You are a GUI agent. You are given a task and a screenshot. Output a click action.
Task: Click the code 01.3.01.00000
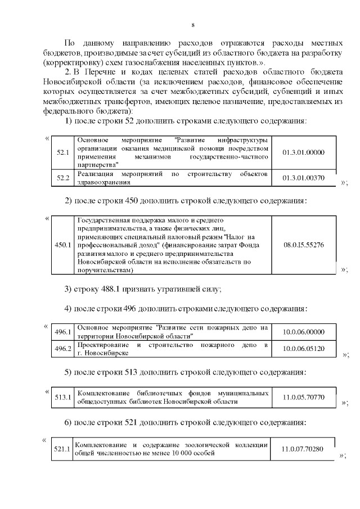pos(303,152)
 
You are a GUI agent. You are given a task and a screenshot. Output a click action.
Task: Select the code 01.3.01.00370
pos(303,178)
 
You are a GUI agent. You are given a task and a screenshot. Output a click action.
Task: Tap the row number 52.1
pos(62,152)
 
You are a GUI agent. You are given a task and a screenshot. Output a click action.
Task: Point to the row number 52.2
pos(62,178)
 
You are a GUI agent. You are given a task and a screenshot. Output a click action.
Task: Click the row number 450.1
pos(62,245)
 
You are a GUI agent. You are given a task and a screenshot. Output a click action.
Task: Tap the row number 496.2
pos(62,349)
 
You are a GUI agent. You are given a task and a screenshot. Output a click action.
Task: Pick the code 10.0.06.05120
pos(303,349)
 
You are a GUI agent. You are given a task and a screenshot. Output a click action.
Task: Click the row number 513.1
pos(62,398)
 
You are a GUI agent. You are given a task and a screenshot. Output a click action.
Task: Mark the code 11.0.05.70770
pos(303,398)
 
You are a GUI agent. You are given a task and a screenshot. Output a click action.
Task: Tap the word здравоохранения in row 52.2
pos(103,182)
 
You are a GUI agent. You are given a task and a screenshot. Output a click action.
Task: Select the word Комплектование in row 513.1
pos(102,393)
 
